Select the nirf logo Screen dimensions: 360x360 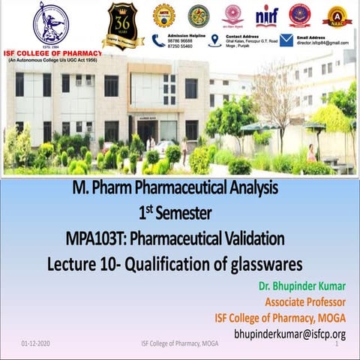[265, 15]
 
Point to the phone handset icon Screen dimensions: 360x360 [158, 40]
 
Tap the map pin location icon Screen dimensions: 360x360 [215, 40]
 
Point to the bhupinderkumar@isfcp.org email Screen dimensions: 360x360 [289, 334]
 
